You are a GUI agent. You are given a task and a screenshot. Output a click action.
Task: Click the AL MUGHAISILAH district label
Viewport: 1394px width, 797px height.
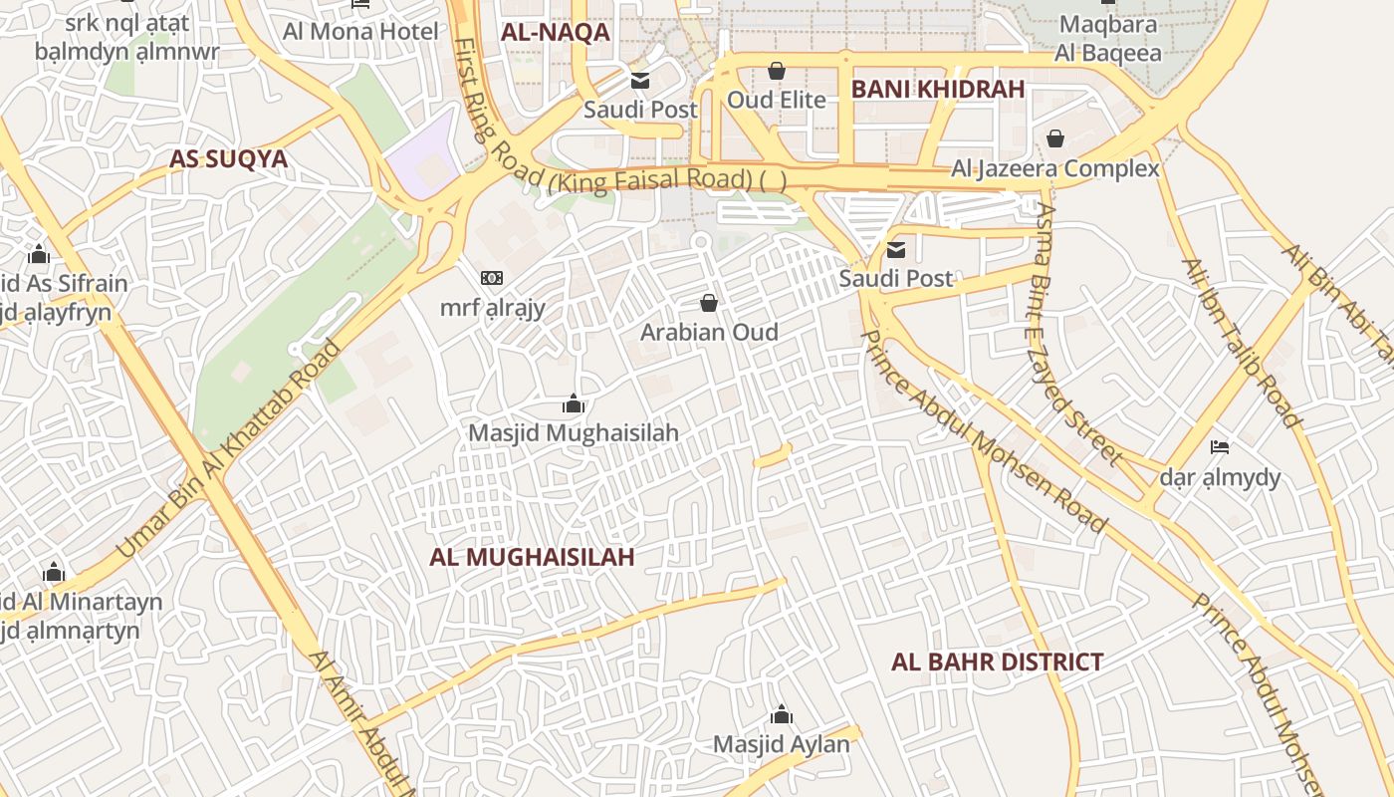coord(532,557)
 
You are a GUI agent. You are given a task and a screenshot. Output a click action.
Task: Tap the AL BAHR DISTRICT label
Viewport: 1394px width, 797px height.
coord(997,663)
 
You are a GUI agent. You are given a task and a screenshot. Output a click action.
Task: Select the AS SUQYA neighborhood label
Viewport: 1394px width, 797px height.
coord(228,159)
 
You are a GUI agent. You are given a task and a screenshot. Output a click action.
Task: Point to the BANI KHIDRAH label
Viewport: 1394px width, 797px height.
coord(937,89)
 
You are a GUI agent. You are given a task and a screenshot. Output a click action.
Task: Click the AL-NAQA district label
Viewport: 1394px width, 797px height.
coord(555,32)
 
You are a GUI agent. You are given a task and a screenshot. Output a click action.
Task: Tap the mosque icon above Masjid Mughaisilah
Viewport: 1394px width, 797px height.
coord(574,403)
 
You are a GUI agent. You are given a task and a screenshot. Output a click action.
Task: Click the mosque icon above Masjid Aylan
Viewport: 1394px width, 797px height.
coord(782,714)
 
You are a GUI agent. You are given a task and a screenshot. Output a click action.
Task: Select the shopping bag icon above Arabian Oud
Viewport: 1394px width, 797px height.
coord(709,302)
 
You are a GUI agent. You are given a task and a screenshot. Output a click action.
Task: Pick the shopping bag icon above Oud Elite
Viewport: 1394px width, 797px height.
coord(776,71)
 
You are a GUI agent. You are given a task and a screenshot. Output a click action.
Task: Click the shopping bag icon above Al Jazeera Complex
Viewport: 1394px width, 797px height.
coord(1055,138)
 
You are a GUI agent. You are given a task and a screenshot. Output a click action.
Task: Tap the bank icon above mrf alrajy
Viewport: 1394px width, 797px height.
coord(492,278)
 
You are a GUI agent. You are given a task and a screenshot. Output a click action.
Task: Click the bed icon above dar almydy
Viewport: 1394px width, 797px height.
coord(1220,446)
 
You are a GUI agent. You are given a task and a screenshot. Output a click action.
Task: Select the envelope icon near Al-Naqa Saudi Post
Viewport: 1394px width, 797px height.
coord(639,80)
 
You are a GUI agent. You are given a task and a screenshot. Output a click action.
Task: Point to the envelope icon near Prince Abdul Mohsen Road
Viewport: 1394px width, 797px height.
coord(896,249)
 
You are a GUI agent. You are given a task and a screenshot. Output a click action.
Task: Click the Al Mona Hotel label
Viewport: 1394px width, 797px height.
coord(360,31)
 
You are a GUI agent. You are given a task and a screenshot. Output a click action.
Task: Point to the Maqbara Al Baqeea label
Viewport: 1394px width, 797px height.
coord(1109,38)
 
